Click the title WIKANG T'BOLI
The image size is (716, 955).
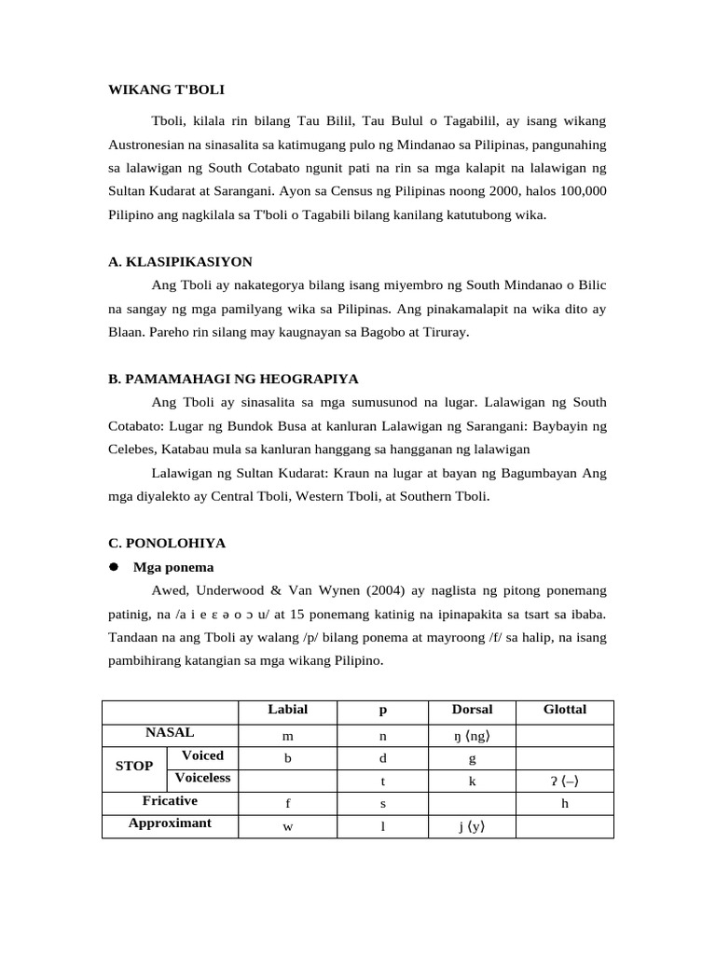[166, 90]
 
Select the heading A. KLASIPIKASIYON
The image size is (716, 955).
[180, 261]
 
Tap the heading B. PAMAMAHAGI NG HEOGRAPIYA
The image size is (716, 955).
[233, 379]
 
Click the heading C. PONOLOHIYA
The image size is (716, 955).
[167, 543]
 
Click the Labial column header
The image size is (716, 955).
[287, 710]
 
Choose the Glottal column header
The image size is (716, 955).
[565, 710]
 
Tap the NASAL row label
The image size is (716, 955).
[169, 733]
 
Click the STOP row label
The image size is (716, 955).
[134, 766]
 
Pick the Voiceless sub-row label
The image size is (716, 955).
[202, 778]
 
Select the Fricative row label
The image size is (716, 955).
[169, 800]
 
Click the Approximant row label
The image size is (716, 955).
[169, 823]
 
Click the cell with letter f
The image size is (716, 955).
[287, 803]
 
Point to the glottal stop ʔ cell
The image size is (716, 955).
[565, 781]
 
